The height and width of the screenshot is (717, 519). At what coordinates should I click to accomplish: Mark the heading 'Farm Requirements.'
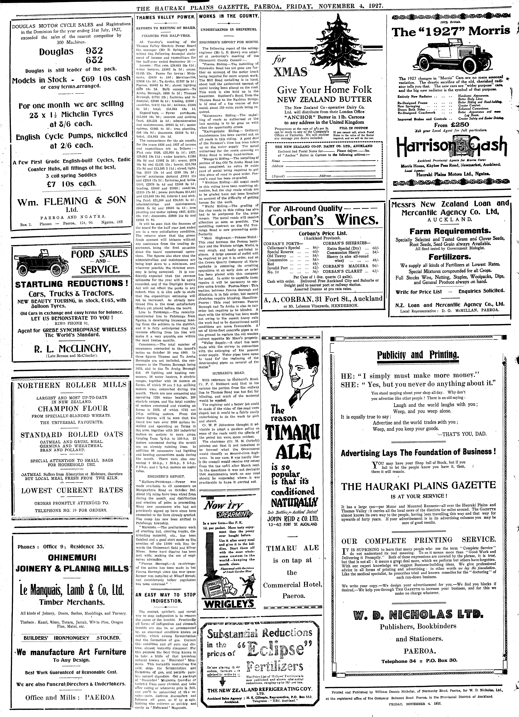tap(450, 231)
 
